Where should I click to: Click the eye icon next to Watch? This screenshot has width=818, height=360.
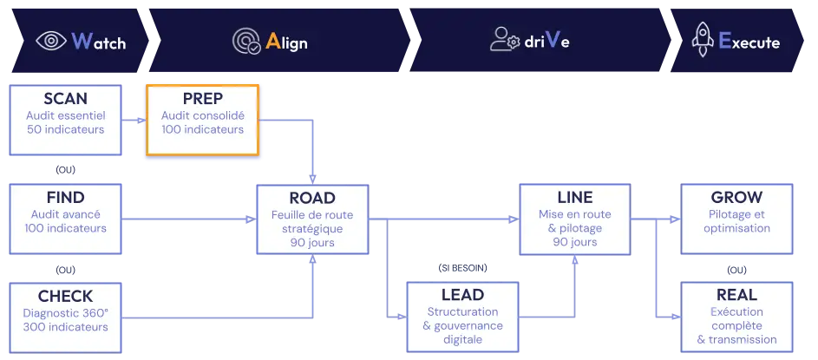51,41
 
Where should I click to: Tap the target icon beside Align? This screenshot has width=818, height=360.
246,41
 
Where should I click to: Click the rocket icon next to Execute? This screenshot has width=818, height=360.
702,40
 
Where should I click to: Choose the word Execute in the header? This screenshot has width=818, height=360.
749,42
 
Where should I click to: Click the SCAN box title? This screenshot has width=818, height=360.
65,99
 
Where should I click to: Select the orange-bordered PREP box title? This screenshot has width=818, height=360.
202,99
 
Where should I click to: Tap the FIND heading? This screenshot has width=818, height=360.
65,198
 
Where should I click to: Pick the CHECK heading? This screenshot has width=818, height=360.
65,296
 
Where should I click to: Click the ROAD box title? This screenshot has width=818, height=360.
312,197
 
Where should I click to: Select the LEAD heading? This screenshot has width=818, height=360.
462,295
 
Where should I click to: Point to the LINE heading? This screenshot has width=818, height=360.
573,198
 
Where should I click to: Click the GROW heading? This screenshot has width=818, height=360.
736,198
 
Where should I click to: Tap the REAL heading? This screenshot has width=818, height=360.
736,295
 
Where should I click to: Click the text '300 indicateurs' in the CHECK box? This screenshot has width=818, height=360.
65,327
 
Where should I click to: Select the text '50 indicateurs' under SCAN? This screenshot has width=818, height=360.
65,130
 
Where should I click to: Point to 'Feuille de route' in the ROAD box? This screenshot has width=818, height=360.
312,214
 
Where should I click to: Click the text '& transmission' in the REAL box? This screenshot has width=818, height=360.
736,339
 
